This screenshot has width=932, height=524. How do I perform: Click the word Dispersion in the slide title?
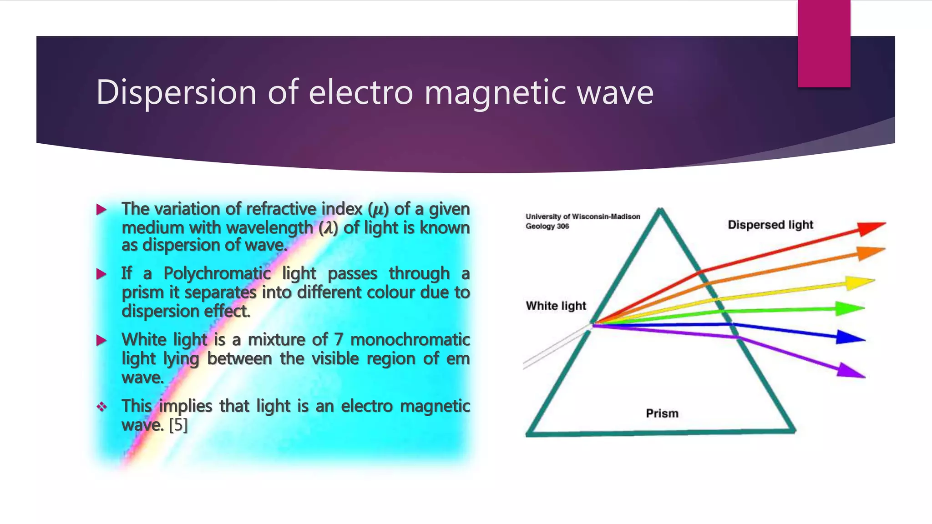(x=176, y=93)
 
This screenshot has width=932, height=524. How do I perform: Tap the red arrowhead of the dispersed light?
(x=871, y=228)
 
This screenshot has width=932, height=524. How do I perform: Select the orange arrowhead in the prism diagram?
(x=871, y=253)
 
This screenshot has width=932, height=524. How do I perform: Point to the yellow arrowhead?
(x=860, y=283)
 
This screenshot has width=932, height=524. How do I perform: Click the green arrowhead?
(x=850, y=309)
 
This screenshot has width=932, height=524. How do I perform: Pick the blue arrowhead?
(x=850, y=338)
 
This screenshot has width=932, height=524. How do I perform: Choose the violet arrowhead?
(x=850, y=370)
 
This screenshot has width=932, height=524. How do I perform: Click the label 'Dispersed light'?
(x=770, y=225)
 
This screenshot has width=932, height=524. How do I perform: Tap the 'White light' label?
(x=556, y=306)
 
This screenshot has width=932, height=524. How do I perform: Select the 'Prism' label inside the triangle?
(x=662, y=413)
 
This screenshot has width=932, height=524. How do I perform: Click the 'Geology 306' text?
(x=547, y=227)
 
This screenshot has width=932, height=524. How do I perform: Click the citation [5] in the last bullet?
(x=178, y=425)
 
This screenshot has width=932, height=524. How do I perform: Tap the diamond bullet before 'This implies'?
(x=102, y=407)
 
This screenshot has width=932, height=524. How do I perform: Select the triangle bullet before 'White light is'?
(x=101, y=340)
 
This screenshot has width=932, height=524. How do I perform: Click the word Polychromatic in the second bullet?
(x=217, y=273)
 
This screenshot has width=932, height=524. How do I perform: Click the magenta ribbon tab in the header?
(x=824, y=43)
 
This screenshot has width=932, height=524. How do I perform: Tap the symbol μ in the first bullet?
(x=378, y=209)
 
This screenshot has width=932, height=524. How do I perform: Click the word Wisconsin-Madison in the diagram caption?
(x=606, y=217)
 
